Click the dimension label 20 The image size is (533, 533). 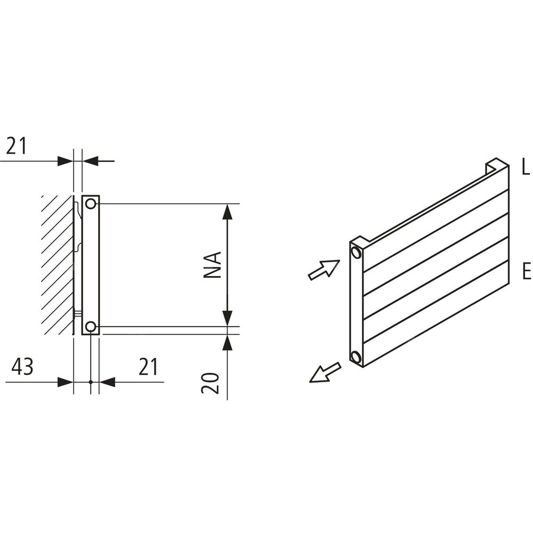(x=209, y=383)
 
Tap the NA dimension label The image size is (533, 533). (x=213, y=265)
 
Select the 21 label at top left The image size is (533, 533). (x=17, y=146)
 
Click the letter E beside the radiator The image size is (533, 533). (x=526, y=271)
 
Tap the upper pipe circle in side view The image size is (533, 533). (x=91, y=204)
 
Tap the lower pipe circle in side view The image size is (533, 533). (x=91, y=327)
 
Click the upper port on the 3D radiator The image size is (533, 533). (x=356, y=253)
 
